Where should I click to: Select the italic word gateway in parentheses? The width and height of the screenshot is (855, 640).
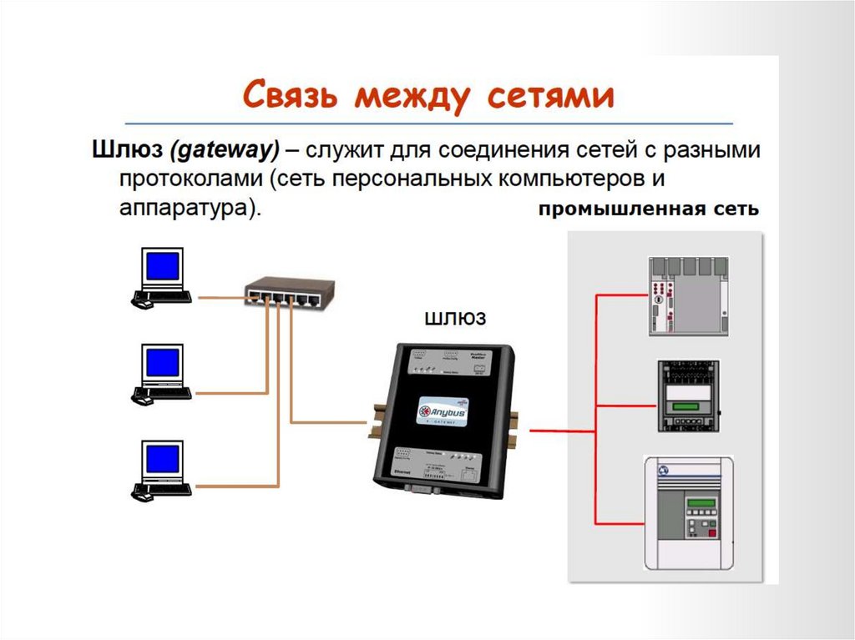(x=224, y=151)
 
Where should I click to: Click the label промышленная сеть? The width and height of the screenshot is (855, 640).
(x=648, y=209)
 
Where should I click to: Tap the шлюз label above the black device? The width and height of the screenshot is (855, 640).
(x=455, y=319)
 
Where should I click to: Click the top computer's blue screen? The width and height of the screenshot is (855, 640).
(x=161, y=266)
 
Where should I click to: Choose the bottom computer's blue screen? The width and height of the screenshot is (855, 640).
(x=161, y=459)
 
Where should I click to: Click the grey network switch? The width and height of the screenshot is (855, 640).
(x=289, y=292)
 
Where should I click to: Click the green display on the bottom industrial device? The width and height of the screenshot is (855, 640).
(x=701, y=503)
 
